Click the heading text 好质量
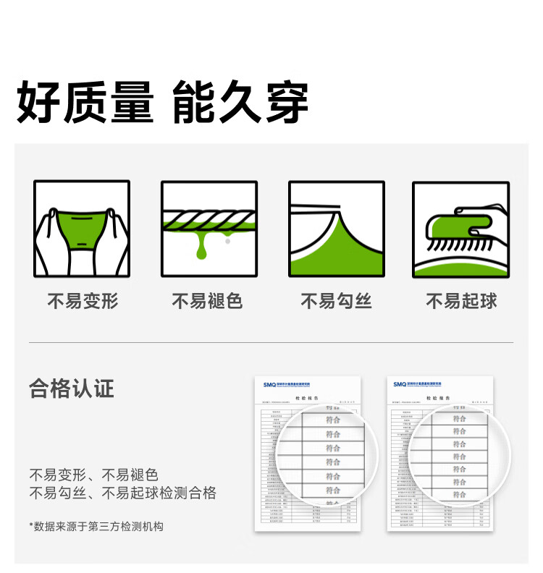(85, 103)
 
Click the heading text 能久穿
(240, 103)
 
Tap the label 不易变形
(83, 302)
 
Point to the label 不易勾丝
(336, 302)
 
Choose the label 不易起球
(461, 302)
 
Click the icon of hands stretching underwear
(82, 229)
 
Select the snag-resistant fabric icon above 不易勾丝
(336, 229)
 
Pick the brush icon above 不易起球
(461, 229)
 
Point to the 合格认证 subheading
(72, 389)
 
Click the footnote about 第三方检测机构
(96, 527)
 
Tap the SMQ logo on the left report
(270, 384)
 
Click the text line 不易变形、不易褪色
(93, 475)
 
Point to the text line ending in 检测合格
(122, 494)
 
